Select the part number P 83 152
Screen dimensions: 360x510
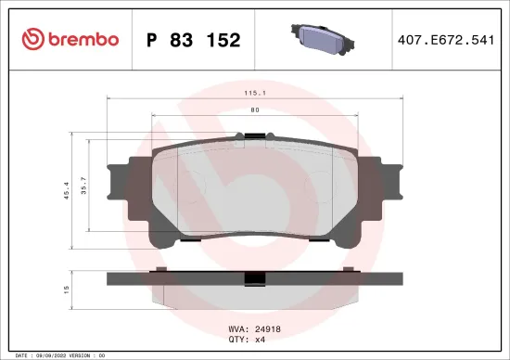tap(194, 40)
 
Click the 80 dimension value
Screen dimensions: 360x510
tap(254, 111)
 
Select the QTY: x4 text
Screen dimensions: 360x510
tap(248, 340)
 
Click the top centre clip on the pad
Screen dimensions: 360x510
tap(254, 138)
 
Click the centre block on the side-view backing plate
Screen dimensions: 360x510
tap(254, 278)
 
